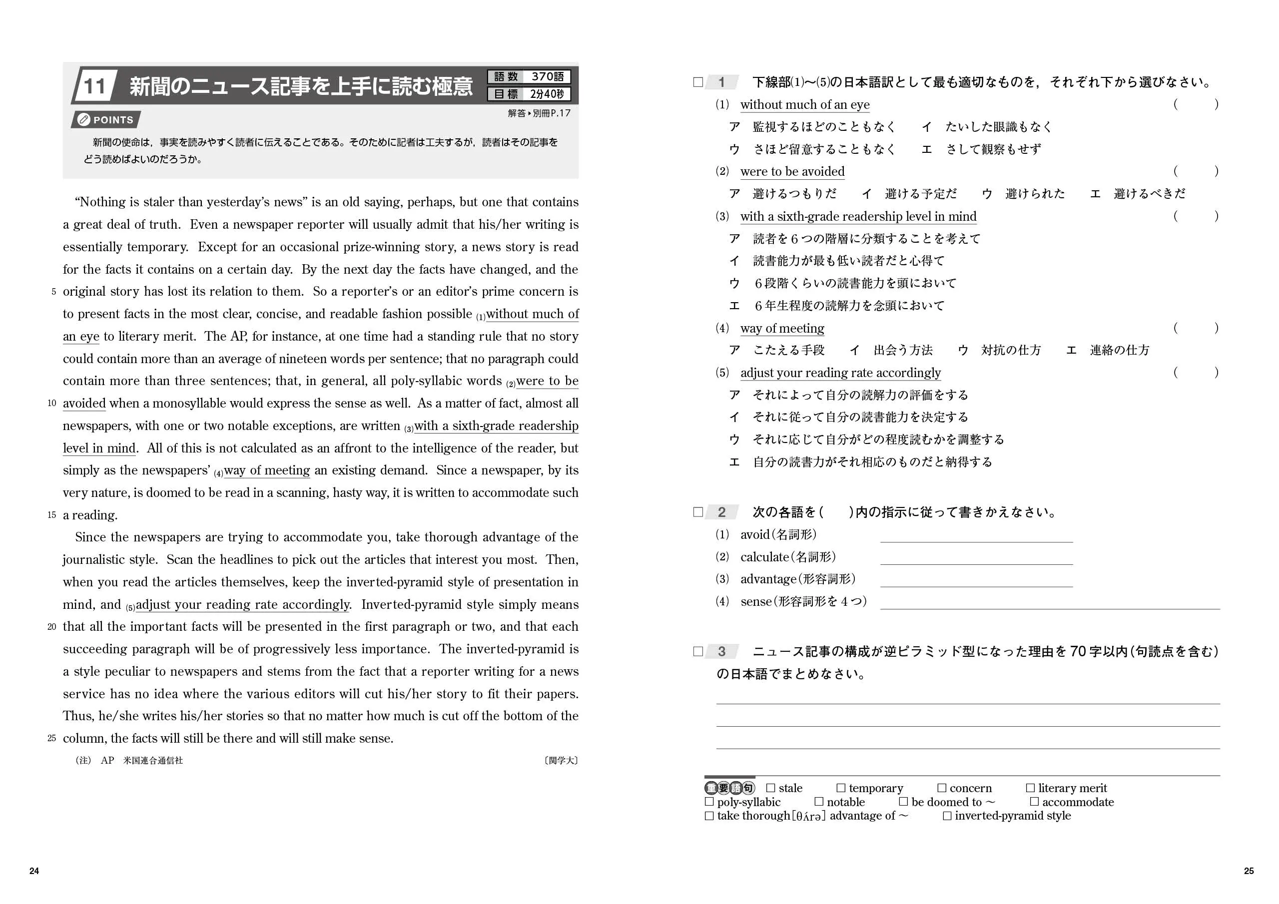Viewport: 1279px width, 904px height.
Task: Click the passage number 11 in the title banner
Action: [94, 86]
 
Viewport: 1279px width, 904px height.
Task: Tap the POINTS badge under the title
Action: [106, 120]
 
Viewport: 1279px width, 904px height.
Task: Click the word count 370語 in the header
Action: [547, 76]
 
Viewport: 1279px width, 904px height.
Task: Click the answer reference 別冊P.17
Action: [551, 113]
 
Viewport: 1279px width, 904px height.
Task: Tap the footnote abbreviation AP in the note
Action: [107, 760]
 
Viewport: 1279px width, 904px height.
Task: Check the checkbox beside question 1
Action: [698, 82]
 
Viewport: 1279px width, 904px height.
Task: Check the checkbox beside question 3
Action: [698, 651]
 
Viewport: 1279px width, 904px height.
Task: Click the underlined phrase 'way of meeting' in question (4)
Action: [782, 328]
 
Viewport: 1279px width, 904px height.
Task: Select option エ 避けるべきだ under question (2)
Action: [1138, 194]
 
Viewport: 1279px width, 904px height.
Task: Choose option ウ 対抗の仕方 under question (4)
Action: [999, 350]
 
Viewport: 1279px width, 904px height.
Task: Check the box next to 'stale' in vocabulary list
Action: [771, 788]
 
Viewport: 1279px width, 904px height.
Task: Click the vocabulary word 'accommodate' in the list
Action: [1077, 802]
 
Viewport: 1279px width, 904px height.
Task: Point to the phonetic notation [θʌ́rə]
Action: [808, 816]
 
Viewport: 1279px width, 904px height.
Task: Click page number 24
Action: [34, 871]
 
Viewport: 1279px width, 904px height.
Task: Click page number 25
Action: [1249, 871]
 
